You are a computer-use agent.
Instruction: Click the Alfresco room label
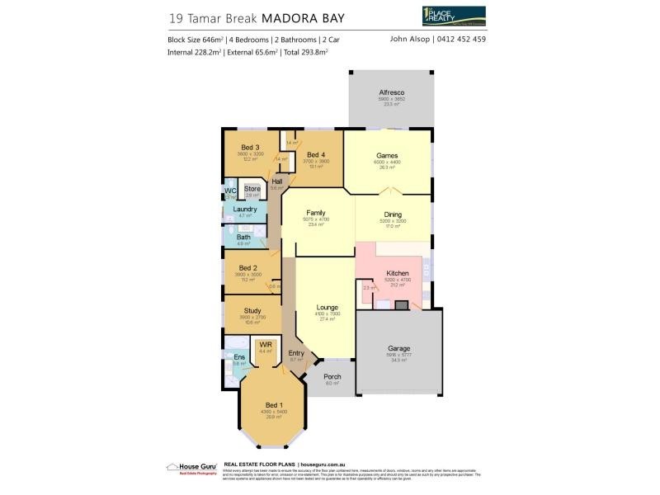click(x=389, y=93)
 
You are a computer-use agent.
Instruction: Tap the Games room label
click(x=387, y=155)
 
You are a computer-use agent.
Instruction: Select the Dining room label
click(x=392, y=214)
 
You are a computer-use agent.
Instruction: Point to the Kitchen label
click(x=398, y=273)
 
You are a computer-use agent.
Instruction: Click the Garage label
click(x=399, y=349)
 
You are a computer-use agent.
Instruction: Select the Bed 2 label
click(x=248, y=268)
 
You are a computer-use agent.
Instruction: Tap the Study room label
click(x=252, y=311)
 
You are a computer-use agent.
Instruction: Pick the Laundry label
click(x=244, y=210)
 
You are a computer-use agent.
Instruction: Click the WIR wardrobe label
click(x=266, y=345)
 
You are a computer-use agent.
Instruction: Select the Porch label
click(x=332, y=377)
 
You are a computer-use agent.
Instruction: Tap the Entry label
click(x=297, y=353)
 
